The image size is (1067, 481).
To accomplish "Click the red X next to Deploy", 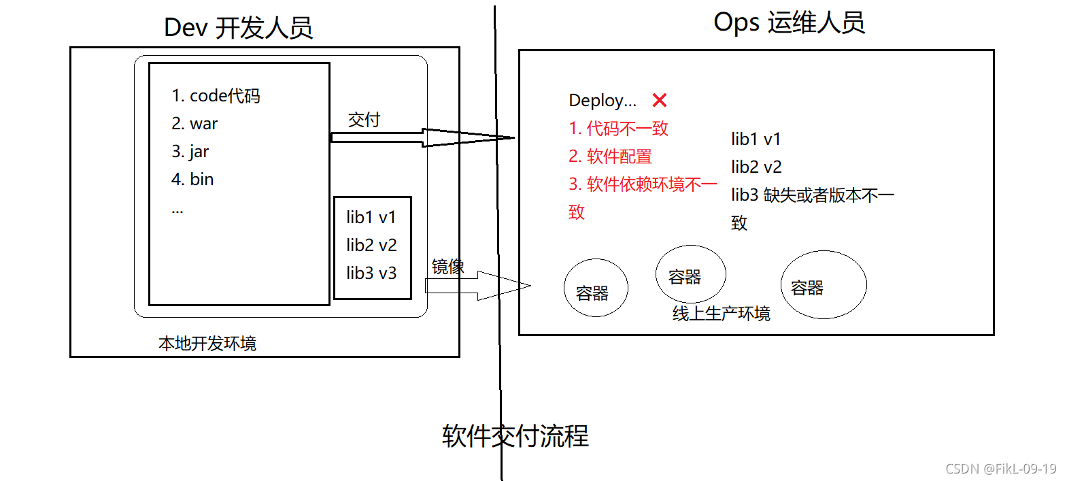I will point(659,101).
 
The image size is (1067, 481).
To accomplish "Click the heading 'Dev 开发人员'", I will point(238,28).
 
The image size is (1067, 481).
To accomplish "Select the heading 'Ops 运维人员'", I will point(789,22).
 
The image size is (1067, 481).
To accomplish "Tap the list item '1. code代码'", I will point(216,96).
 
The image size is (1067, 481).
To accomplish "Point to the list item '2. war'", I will point(194,124).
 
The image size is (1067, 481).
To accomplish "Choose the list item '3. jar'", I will point(190,152).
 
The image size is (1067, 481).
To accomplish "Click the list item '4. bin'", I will point(192,180).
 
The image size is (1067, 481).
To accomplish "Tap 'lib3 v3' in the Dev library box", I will point(371,273).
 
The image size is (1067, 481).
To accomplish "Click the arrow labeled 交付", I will point(422,137).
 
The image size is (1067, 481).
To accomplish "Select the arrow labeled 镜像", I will point(476,286).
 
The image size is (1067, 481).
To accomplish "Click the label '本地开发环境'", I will point(207,344).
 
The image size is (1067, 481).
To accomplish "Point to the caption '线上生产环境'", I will point(722,314).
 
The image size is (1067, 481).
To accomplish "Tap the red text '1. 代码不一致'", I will point(619,129).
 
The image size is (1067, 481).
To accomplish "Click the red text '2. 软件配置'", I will point(611,156).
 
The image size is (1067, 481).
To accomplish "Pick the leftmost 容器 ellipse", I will point(596,288).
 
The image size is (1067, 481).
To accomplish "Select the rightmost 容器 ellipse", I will point(824,285).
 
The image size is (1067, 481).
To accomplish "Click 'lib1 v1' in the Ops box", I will point(756,139).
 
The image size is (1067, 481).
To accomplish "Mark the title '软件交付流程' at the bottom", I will point(515,436).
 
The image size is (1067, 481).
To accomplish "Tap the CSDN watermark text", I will point(1000,469).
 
